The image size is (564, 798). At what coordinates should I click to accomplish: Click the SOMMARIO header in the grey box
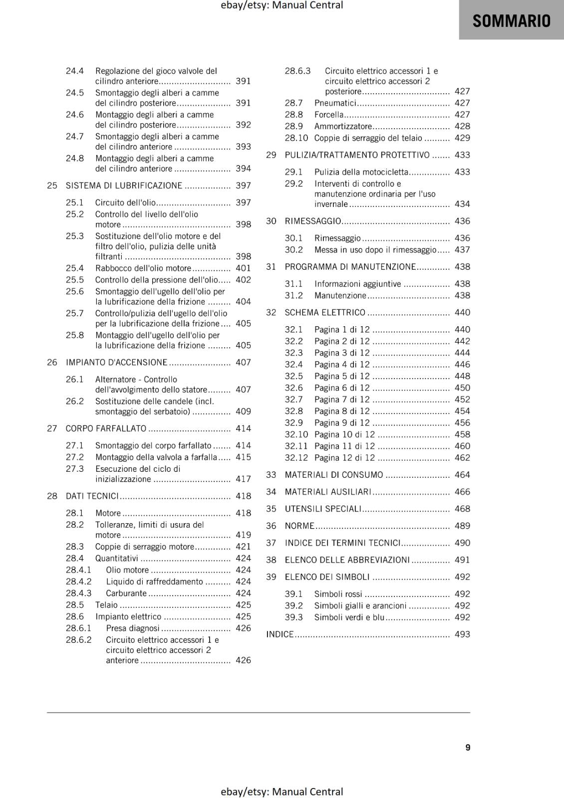[511, 21]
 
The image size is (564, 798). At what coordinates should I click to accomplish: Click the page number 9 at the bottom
[468, 747]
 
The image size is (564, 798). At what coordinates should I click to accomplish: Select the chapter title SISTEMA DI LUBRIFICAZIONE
[124, 186]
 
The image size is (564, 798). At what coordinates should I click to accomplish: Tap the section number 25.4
[75, 268]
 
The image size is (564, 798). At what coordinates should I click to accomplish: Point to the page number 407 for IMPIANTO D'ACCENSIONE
[243, 363]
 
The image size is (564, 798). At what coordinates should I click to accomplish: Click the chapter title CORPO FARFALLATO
[106, 428]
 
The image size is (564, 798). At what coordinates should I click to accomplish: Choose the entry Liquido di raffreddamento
[154, 582]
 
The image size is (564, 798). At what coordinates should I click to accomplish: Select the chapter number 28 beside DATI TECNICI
[52, 496]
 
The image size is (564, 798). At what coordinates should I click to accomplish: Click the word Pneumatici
[335, 103]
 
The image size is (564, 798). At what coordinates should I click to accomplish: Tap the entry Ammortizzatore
[343, 127]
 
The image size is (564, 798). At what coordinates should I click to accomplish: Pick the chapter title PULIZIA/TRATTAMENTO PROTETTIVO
[357, 155]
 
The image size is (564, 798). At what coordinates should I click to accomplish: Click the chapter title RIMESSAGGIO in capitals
[313, 221]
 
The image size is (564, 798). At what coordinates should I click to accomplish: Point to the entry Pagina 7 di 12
[342, 399]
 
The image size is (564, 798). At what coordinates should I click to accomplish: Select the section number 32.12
[296, 458]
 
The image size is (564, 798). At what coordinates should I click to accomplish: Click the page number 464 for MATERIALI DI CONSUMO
[462, 475]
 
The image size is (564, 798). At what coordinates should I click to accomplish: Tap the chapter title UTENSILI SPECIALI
[323, 509]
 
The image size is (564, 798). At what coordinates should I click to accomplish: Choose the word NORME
[299, 526]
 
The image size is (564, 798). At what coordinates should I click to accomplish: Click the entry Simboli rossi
[338, 594]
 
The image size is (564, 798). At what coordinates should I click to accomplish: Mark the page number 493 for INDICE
[462, 634]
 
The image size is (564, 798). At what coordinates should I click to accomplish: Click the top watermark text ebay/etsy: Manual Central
[282, 5]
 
